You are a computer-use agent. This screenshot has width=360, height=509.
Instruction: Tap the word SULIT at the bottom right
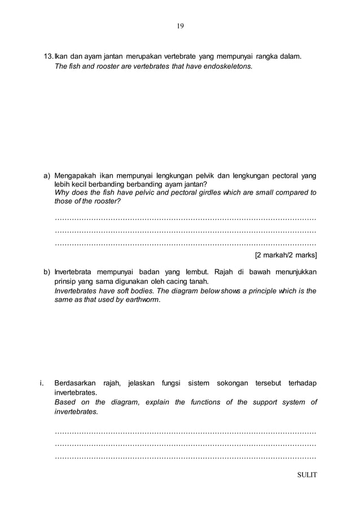point(307,474)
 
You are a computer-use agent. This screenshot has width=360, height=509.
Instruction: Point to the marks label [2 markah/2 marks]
point(286,255)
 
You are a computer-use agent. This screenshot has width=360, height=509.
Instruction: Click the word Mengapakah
point(72,175)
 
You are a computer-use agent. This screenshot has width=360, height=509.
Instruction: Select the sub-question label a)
point(47,175)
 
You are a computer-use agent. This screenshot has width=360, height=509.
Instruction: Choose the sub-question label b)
point(47,273)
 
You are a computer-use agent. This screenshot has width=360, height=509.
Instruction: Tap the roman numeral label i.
point(42,384)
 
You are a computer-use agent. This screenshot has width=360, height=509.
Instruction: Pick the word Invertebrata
point(74,273)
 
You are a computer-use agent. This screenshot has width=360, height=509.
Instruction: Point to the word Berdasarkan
point(74,384)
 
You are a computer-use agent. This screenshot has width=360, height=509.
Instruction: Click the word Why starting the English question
point(62,193)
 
